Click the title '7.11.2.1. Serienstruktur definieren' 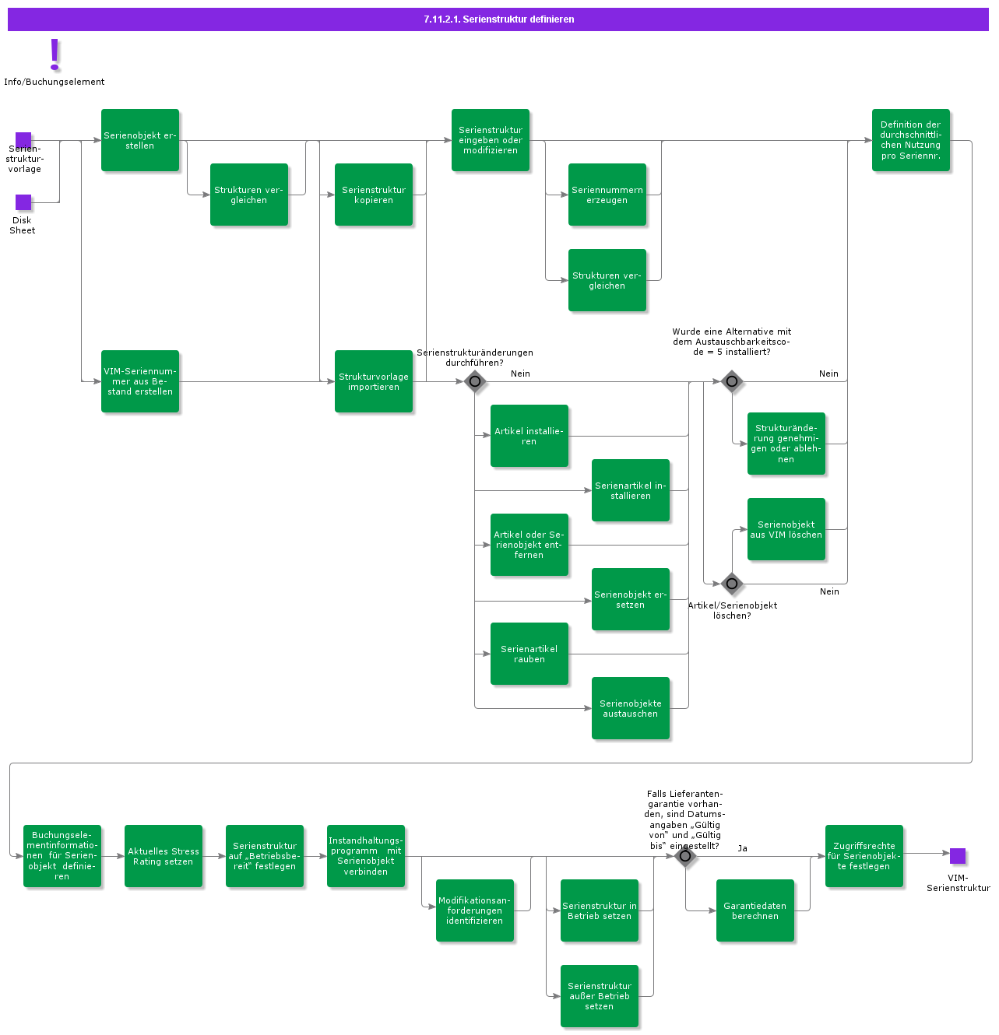pos(498,19)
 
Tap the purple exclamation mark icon pos(55,54)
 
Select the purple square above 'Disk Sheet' pos(23,202)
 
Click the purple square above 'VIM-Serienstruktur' pos(958,856)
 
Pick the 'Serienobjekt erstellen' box pos(140,140)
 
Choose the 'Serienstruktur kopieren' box pos(374,195)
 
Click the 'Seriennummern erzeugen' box pos(607,195)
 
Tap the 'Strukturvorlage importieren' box pos(374,381)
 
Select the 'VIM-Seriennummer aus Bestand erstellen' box pos(140,381)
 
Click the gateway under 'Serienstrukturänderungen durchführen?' pos(475,381)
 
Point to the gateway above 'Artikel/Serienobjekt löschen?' pos(732,583)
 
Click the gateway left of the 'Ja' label pos(685,857)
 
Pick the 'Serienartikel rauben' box pos(529,654)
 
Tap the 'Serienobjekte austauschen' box pos(631,708)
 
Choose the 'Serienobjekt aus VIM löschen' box pos(786,529)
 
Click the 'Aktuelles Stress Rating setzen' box pos(164,856)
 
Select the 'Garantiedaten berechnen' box pos(755,910)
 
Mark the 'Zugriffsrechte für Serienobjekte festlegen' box pos(864,856)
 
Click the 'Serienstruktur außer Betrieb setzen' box pos(600,996)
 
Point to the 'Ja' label pos(743,848)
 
